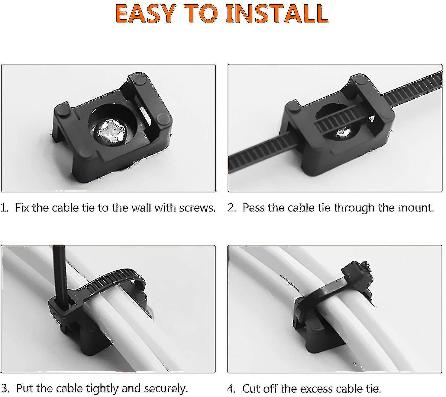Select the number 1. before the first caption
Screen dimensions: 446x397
5,208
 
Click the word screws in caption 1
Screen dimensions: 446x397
197,208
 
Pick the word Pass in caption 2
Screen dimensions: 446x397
253,208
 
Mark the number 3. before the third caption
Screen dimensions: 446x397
5,389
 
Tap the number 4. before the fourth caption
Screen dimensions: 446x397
231,389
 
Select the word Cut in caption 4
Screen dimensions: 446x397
251,389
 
